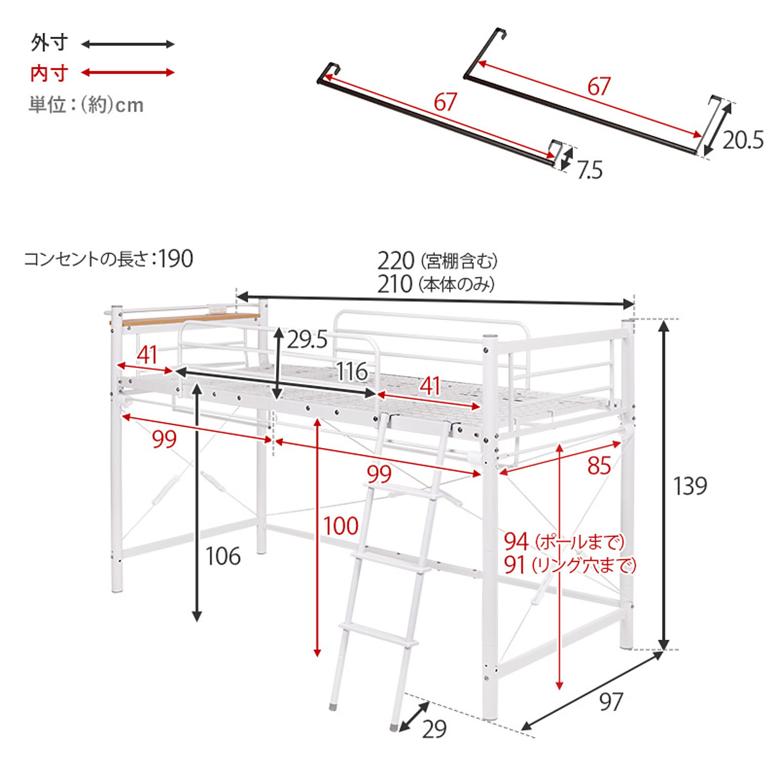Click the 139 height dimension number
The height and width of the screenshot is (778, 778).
tap(690, 486)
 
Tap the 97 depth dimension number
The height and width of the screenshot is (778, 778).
tap(611, 702)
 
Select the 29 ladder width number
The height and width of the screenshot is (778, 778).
tap(434, 729)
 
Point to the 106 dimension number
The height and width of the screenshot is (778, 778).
tap(223, 556)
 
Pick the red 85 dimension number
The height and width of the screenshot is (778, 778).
tap(599, 465)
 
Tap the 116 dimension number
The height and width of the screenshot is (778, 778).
tap(352, 372)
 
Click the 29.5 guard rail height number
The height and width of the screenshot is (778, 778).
tap(307, 339)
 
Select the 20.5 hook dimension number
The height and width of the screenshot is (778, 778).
tap(743, 140)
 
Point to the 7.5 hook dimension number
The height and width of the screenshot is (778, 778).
tap(590, 170)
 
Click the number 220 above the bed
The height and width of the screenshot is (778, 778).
tap(396, 261)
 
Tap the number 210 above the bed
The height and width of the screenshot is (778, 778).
tap(395, 284)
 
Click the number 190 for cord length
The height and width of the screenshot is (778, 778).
tap(176, 259)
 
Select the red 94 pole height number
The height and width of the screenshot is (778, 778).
tap(516, 541)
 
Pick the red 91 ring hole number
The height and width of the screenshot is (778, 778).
tap(514, 565)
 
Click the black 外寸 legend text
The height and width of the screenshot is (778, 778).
tap(49, 43)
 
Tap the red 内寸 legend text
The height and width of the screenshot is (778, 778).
tap(49, 73)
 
